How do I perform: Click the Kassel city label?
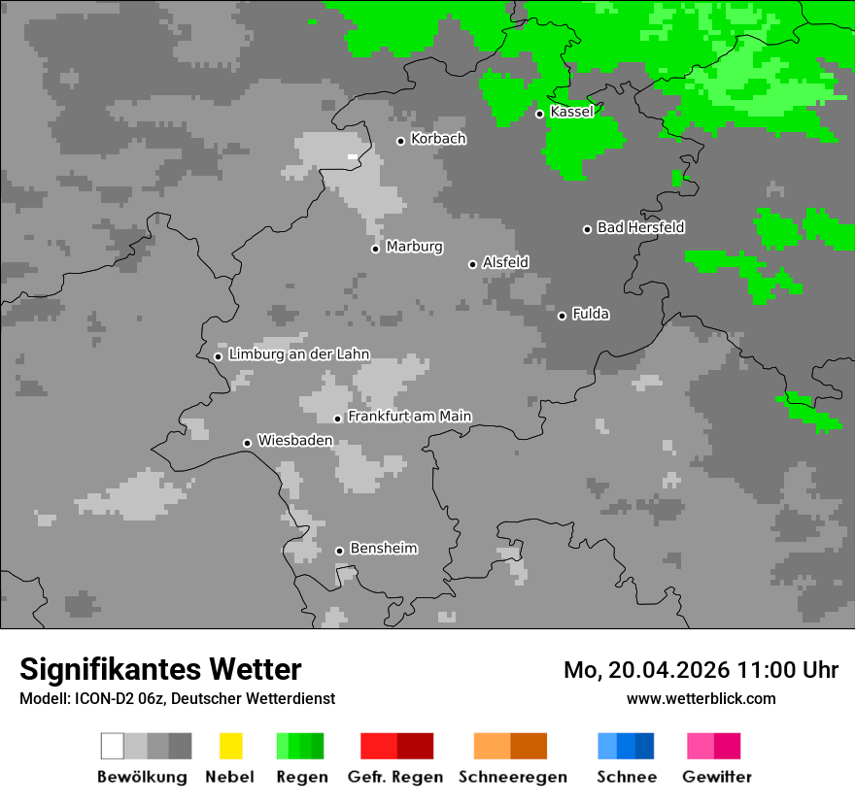click(x=571, y=112)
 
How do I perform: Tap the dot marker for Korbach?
click(x=400, y=141)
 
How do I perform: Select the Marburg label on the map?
click(x=414, y=247)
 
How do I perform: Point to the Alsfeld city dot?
click(x=472, y=264)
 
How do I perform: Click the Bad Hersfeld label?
click(x=640, y=227)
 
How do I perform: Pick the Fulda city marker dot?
click(x=562, y=316)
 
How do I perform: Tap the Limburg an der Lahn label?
click(x=298, y=354)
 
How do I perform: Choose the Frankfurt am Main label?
click(x=409, y=417)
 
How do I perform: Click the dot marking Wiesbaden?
click(x=247, y=443)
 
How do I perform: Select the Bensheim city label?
click(x=383, y=549)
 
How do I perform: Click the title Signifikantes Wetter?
click(x=160, y=669)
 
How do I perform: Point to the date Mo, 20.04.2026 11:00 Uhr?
click(x=701, y=670)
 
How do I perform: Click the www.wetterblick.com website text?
click(x=701, y=698)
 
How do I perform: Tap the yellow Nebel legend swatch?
click(x=230, y=746)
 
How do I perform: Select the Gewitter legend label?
click(x=717, y=777)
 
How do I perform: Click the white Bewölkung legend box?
click(x=113, y=746)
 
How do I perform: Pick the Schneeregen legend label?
click(x=512, y=777)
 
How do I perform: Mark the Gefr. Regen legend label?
click(x=395, y=777)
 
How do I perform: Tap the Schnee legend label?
click(x=627, y=777)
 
